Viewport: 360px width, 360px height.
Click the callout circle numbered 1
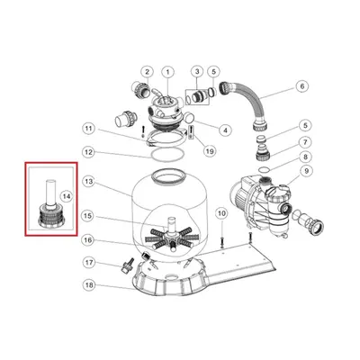[167, 72]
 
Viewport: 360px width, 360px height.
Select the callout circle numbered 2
[147, 72]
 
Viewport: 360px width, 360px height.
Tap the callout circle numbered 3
[197, 72]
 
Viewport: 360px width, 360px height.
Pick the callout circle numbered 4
[225, 130]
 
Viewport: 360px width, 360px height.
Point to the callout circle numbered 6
[302, 86]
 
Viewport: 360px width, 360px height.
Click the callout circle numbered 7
[305, 142]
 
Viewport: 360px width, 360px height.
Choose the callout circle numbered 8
[305, 157]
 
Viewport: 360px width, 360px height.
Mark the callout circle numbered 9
[306, 171]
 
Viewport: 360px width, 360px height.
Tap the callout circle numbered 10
[221, 213]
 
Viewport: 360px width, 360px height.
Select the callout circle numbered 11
[88, 129]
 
